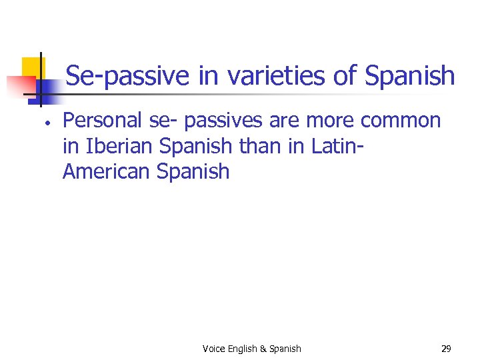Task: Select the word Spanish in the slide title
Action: pos(410,76)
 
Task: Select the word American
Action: pos(107,171)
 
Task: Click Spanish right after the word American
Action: pos(193,172)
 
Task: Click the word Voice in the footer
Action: pos(213,349)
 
